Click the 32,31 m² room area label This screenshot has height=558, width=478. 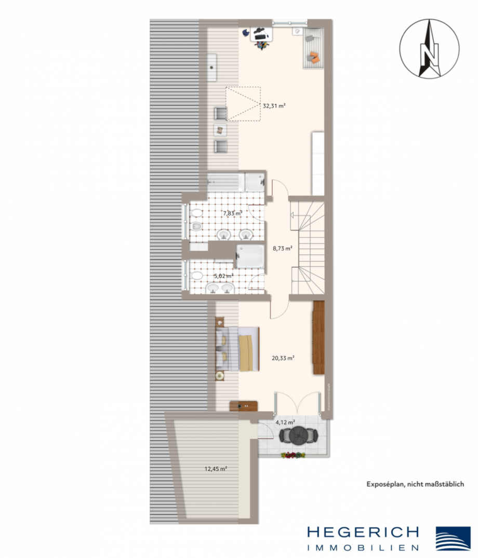[274, 105]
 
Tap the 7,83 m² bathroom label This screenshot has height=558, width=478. [232, 213]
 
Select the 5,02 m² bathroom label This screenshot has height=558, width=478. [223, 277]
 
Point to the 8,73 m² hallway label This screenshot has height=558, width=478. [282, 249]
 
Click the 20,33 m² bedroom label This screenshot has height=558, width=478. [284, 358]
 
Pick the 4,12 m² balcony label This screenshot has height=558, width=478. [285, 423]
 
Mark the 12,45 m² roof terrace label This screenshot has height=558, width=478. [215, 469]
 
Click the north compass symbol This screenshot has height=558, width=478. [429, 48]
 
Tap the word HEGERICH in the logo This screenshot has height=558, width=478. [363, 533]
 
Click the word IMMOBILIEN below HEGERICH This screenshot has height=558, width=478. [363, 547]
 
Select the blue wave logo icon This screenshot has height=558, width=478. [453, 539]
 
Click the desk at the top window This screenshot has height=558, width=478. [262, 35]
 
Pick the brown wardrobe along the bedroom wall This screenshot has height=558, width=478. [318, 337]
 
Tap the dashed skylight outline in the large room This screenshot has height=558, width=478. [242, 104]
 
